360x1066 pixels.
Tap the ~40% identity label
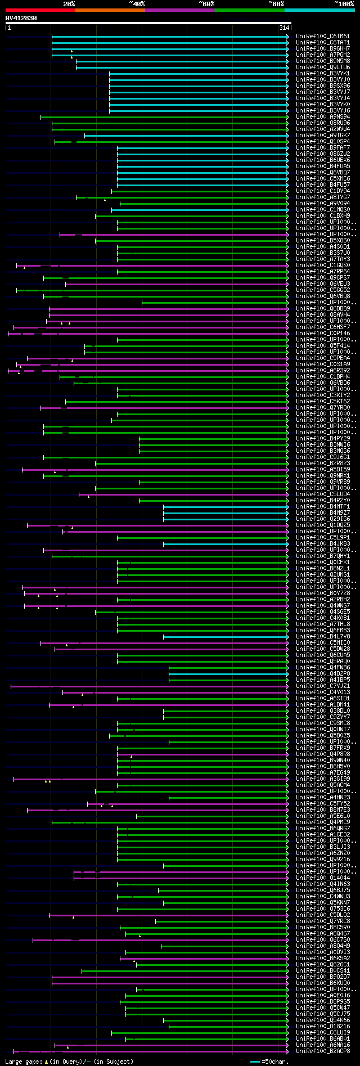[x=137, y=3]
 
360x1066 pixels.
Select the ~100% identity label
[x=344, y=3]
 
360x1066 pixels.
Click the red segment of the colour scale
[x=40, y=10]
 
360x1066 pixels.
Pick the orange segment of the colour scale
[x=110, y=10]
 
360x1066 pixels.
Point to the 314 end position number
[x=283, y=28]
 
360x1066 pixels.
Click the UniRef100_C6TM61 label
[x=323, y=37]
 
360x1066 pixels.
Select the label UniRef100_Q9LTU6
[x=323, y=68]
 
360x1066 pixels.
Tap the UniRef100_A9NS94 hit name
[x=323, y=117]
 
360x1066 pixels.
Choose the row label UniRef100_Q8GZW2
[x=323, y=154]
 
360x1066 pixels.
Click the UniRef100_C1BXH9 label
[x=323, y=216]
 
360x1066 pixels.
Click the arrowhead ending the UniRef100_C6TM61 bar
[x=287, y=37]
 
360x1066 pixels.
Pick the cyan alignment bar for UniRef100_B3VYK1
[x=197, y=74]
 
